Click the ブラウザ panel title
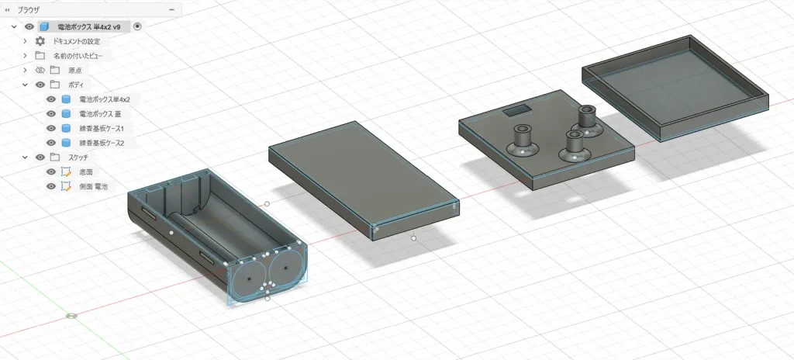point(29,9)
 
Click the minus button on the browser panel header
point(172,9)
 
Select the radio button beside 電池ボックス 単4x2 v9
point(138,27)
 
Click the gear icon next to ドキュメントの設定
point(40,42)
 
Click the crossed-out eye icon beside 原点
point(40,70)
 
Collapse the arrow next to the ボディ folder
point(25,85)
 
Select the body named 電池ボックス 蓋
point(100,114)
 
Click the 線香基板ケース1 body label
point(102,128)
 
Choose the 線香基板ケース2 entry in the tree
point(102,143)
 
